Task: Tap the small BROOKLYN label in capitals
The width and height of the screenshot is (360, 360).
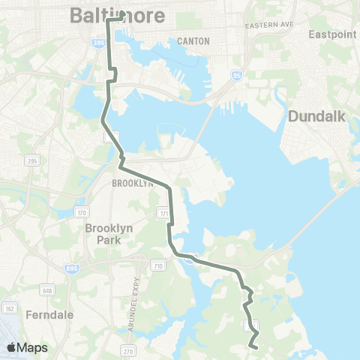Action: point(132,183)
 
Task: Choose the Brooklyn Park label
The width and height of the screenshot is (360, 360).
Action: point(108,234)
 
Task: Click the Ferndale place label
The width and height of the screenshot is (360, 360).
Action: point(48,315)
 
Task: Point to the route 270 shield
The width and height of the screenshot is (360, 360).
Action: point(127,350)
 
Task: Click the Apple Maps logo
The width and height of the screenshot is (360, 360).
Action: point(27,347)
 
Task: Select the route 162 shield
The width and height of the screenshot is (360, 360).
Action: point(9,307)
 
